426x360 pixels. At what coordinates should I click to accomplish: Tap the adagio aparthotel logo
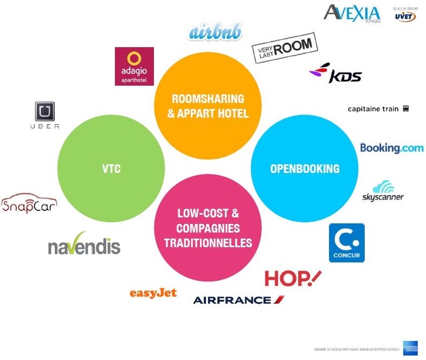(134, 66)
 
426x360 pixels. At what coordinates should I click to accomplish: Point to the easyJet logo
(153, 293)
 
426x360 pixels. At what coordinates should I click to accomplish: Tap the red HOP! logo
(293, 278)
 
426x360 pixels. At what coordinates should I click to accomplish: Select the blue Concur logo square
(347, 243)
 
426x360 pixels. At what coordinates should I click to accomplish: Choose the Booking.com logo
(391, 147)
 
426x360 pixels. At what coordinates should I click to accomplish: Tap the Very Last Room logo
(284, 48)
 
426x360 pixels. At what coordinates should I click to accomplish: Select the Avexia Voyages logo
(352, 13)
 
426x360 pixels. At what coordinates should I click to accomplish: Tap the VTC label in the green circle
(111, 169)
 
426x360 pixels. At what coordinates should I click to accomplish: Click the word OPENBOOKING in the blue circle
(305, 169)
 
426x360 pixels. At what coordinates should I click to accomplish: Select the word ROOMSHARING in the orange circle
(208, 99)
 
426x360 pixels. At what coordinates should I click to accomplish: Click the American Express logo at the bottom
(410, 347)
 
